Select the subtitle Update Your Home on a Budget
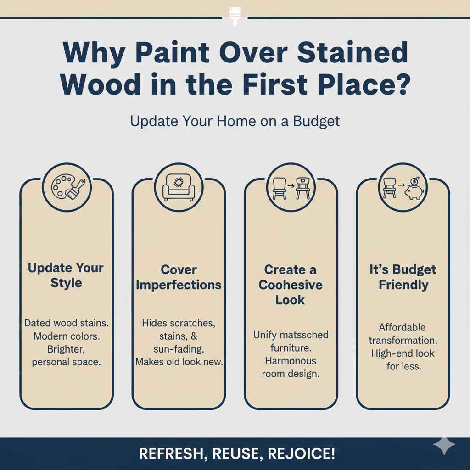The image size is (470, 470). click(x=235, y=121)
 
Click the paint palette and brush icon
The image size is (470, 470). click(x=67, y=188)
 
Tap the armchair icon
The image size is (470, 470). click(x=179, y=188)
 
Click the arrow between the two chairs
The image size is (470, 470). click(x=291, y=187)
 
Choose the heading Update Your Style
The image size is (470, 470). click(x=66, y=275)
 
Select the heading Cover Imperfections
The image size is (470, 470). click(x=179, y=277)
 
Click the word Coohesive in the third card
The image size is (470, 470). click(x=290, y=285)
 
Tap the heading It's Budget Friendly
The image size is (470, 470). click(x=403, y=277)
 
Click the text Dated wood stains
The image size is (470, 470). click(x=67, y=323)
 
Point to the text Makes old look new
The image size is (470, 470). click(x=179, y=362)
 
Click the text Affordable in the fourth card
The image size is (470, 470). click(x=402, y=328)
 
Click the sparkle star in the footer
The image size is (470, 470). click(x=444, y=445)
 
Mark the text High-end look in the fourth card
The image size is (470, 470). click(x=403, y=353)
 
